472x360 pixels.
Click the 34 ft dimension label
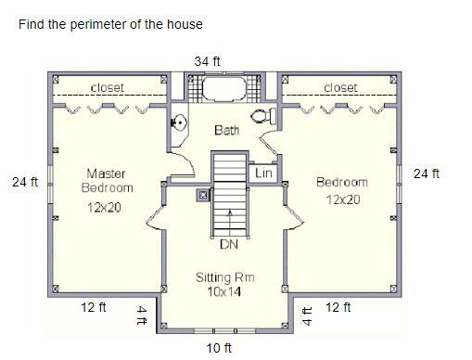pyautogui.click(x=207, y=61)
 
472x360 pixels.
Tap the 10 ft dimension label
pyautogui.click(x=219, y=348)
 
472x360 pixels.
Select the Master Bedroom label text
pyautogui.click(x=107, y=181)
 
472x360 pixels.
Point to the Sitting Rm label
pyautogui.click(x=224, y=277)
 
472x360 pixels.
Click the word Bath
pyautogui.click(x=227, y=130)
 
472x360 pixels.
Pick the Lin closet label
pyautogui.click(x=263, y=174)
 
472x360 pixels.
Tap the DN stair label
pyautogui.click(x=229, y=245)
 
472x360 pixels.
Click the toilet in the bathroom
pyautogui.click(x=263, y=116)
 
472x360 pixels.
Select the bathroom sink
pyautogui.click(x=179, y=122)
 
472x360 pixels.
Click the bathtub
pyautogui.click(x=224, y=88)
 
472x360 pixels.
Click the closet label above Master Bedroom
pyautogui.click(x=108, y=88)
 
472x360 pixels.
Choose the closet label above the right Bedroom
pyautogui.click(x=340, y=88)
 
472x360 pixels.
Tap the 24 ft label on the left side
pyautogui.click(x=25, y=182)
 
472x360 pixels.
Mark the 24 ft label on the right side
pyautogui.click(x=427, y=174)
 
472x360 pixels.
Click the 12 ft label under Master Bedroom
pyautogui.click(x=94, y=307)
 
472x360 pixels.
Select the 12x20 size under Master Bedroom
pyautogui.click(x=104, y=208)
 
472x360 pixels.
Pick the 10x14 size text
pyautogui.click(x=224, y=291)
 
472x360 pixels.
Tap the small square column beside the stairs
pyautogui.click(x=203, y=195)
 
